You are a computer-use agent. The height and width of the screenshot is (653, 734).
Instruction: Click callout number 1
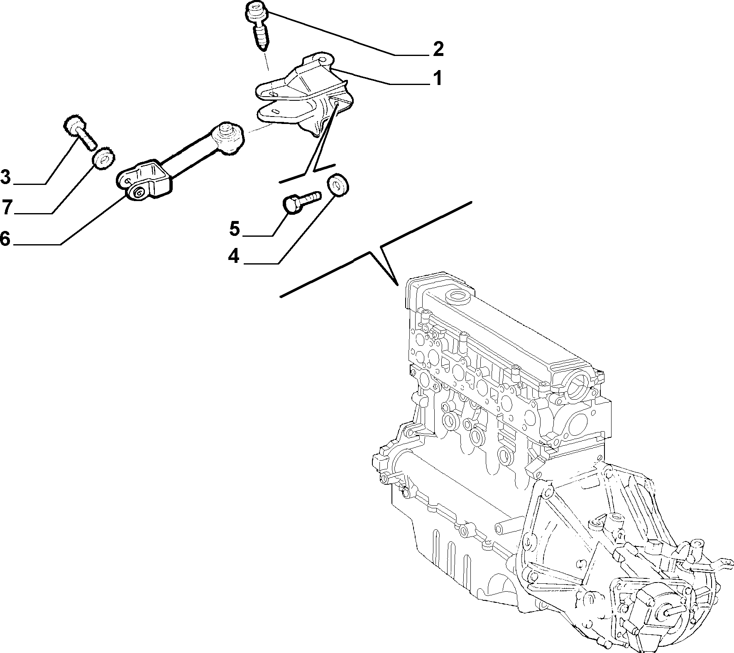point(436,78)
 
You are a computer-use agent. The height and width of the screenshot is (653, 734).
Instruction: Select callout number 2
point(438,49)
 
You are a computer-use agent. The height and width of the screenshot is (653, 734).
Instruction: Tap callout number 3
point(5,177)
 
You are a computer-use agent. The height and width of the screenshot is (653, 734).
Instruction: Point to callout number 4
point(234,256)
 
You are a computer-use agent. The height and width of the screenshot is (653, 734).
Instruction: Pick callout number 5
point(235,228)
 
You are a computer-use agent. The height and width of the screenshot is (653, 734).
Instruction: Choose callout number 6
point(5,239)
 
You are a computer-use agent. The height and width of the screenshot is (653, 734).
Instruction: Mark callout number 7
point(6,207)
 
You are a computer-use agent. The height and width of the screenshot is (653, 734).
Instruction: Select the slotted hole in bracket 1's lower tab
point(274,111)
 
